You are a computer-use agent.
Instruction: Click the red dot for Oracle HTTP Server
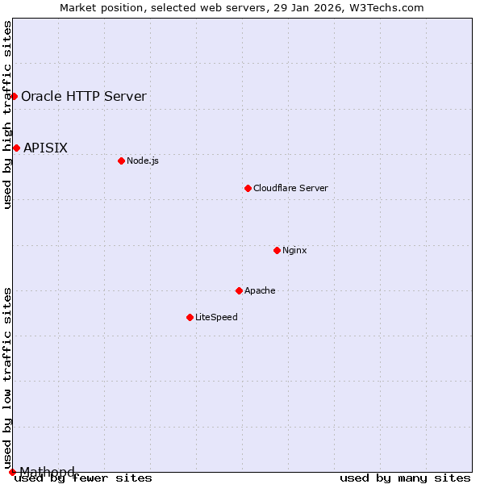tap(14, 96)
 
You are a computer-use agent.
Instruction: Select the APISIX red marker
tap(16, 148)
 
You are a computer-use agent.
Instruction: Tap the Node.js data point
tap(121, 161)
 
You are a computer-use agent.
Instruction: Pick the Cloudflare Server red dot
tap(248, 188)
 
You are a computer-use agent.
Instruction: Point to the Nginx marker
tap(277, 250)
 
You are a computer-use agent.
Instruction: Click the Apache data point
tap(239, 290)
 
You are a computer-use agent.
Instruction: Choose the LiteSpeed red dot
tap(190, 317)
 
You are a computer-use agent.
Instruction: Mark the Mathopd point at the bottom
tap(12, 472)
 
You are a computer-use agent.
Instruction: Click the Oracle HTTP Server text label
tap(84, 97)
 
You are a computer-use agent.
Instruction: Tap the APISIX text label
tap(45, 148)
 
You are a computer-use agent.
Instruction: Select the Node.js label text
tap(143, 161)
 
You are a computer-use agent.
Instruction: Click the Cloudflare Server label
tap(290, 188)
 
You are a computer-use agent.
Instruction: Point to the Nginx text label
tap(294, 250)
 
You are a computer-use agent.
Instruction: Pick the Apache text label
tap(260, 290)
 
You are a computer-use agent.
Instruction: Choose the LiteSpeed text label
tap(216, 317)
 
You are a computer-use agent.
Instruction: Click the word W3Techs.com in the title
tap(390, 7)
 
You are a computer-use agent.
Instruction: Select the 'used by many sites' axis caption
tap(405, 478)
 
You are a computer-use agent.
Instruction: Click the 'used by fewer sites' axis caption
tap(83, 478)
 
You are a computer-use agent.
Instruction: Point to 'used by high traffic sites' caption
tap(7, 115)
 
